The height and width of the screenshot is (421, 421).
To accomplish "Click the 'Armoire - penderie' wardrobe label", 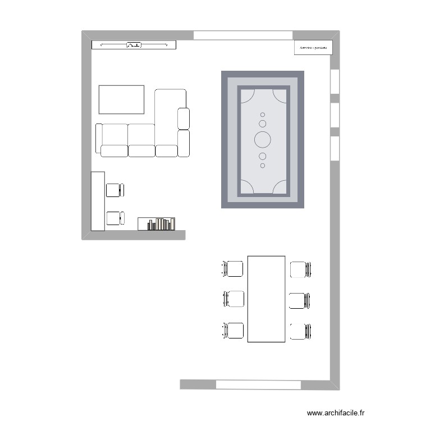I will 313,48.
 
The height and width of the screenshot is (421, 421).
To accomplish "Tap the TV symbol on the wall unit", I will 134,45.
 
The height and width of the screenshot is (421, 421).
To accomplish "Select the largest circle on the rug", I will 263,139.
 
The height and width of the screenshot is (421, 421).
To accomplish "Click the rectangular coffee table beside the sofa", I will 121,99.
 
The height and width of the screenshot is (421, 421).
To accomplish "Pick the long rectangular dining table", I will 267,299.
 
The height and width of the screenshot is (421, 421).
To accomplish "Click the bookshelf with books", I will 157,224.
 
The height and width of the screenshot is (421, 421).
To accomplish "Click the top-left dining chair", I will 233,269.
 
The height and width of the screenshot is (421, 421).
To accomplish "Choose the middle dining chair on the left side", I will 234,299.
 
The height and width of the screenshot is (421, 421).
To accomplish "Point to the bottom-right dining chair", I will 300,331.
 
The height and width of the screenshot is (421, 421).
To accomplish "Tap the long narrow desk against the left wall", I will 98,201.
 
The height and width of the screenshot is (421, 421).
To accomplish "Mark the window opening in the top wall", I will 244,35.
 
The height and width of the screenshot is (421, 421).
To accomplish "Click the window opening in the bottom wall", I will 258,385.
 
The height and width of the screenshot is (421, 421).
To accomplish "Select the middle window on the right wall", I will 335,115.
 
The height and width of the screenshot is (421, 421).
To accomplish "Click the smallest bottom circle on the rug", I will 263,166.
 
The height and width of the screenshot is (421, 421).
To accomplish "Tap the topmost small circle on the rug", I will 263,115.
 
